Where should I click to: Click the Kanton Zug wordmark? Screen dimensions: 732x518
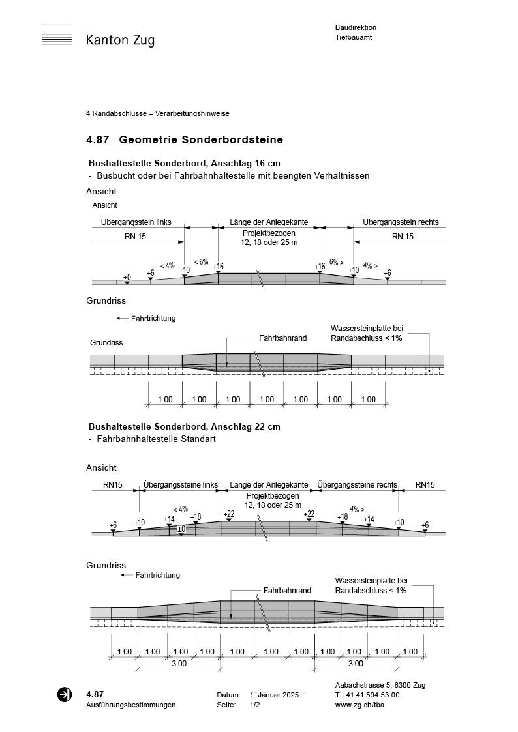point(120,40)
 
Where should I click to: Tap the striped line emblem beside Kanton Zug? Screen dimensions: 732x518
point(57,36)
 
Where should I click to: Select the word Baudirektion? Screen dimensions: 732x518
point(356,27)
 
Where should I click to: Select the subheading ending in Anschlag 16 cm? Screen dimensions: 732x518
point(184,163)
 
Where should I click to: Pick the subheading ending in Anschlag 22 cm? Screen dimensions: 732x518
point(184,426)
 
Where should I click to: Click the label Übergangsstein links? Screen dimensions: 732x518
point(136,222)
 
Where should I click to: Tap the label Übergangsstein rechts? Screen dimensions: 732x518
point(401,222)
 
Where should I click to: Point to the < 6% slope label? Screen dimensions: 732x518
point(201,262)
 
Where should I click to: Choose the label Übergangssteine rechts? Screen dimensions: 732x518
point(357,485)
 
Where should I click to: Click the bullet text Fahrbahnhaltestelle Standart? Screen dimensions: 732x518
point(156,439)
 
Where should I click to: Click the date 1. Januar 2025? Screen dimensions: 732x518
point(274,695)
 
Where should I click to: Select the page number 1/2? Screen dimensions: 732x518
point(255,705)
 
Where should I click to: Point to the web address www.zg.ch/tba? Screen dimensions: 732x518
point(358,705)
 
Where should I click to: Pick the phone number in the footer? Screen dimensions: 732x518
point(367,695)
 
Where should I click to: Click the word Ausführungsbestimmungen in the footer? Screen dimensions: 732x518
point(130,705)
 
